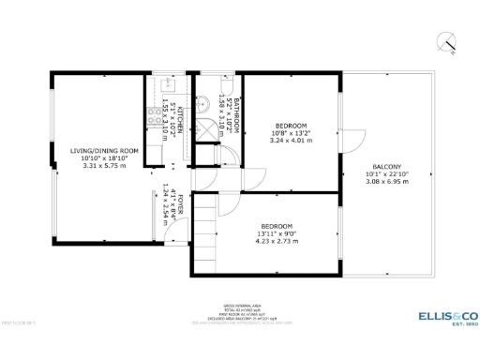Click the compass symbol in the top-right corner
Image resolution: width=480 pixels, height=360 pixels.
447,42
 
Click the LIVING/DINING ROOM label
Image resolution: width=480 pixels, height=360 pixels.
104,150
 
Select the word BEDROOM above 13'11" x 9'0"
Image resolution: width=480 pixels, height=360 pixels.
277,226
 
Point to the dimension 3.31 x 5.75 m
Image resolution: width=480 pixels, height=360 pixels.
104,166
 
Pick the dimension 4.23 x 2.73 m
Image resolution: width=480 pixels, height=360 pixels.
277,242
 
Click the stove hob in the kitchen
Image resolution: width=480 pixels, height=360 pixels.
153,117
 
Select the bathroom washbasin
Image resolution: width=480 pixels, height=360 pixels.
203,104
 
